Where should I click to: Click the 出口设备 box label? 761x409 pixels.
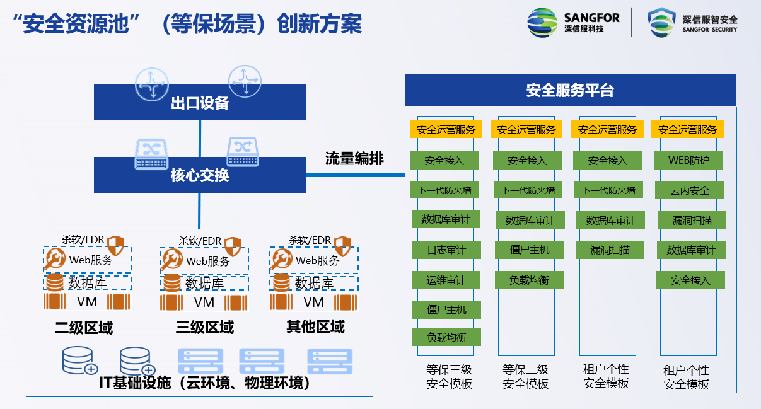(x=200, y=103)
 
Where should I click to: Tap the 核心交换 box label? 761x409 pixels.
(x=200, y=175)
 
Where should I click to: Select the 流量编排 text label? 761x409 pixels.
(x=354, y=158)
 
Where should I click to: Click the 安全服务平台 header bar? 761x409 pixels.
(x=570, y=90)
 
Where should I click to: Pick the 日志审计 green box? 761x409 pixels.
(x=446, y=250)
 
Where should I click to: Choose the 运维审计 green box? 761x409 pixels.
(x=446, y=280)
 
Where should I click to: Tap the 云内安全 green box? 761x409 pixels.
(x=690, y=190)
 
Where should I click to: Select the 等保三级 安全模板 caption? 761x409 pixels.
(x=449, y=376)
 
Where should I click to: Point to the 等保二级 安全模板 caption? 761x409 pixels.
(x=525, y=376)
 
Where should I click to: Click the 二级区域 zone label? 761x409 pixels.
(x=84, y=328)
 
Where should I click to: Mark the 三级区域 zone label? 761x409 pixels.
(x=204, y=328)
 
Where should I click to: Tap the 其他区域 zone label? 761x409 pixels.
(x=315, y=326)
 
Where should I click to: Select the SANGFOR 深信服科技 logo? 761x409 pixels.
(x=573, y=23)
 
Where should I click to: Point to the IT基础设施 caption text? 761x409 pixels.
(x=205, y=383)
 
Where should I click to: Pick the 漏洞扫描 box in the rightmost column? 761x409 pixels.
(x=692, y=220)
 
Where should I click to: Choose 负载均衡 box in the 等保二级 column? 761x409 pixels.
(x=528, y=280)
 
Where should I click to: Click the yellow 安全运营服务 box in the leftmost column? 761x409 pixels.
(x=446, y=129)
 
